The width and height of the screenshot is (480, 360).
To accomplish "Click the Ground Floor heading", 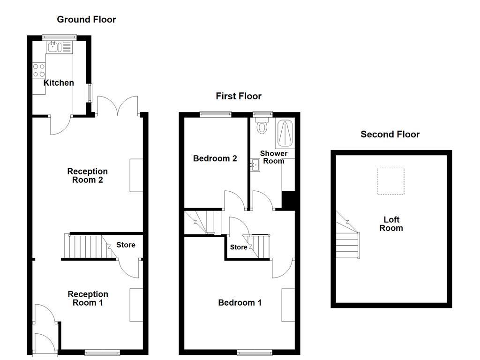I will [86, 19].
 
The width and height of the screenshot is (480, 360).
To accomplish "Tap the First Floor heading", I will [238, 96].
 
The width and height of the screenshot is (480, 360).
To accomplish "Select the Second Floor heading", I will [390, 135].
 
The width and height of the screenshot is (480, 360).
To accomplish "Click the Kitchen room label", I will [59, 83].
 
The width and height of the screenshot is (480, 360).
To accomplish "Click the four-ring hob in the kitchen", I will [39, 70].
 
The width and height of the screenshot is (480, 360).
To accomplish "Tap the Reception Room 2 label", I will [87, 176].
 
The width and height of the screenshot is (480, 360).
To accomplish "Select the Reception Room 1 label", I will [88, 299].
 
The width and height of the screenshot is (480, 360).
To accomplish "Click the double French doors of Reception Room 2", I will [118, 106].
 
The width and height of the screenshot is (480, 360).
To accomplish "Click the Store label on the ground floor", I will [126, 245].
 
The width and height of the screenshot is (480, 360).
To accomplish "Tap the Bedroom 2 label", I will [215, 158].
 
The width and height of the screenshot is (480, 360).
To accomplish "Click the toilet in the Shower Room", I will [262, 126].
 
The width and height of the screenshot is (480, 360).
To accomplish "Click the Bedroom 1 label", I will [240, 303].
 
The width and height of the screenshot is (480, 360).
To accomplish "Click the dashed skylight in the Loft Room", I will [390, 181].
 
